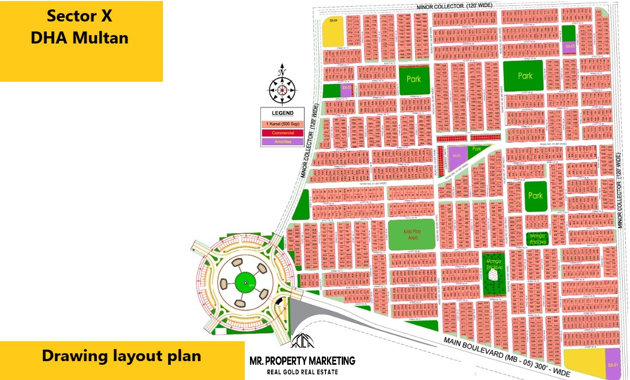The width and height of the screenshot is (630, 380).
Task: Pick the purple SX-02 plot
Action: [x=457, y=156]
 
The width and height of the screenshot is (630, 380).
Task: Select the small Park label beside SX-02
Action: [x=476, y=149]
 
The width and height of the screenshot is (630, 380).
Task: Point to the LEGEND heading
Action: [x=283, y=113]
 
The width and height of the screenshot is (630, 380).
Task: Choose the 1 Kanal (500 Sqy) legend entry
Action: [x=283, y=124]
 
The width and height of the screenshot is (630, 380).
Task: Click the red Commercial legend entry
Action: [x=283, y=133]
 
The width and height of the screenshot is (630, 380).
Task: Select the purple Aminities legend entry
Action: [x=283, y=141]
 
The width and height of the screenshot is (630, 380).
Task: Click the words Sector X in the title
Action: [x=79, y=16]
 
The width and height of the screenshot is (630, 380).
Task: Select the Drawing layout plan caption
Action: [x=122, y=356]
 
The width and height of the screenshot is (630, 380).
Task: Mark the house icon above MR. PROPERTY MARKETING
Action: [x=302, y=341]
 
